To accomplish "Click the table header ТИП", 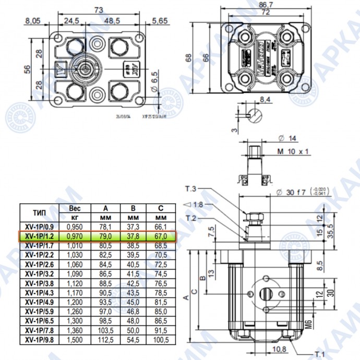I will coord(38,212).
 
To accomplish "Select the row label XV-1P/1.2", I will coord(39,236).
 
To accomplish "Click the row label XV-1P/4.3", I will coord(39,293).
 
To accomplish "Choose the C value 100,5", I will coord(160,340).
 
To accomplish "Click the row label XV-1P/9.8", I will coord(39,340).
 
